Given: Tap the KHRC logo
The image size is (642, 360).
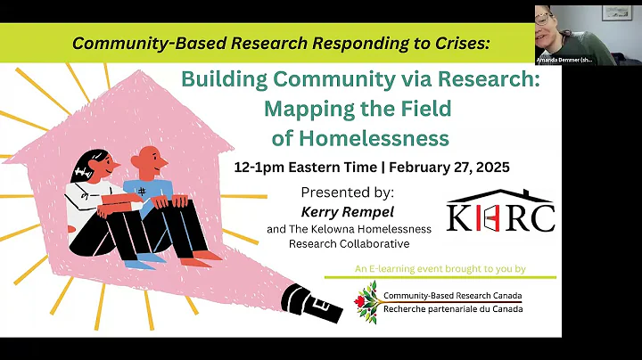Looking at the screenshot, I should (500, 213).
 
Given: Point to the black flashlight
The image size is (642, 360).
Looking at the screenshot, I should (313, 304).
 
